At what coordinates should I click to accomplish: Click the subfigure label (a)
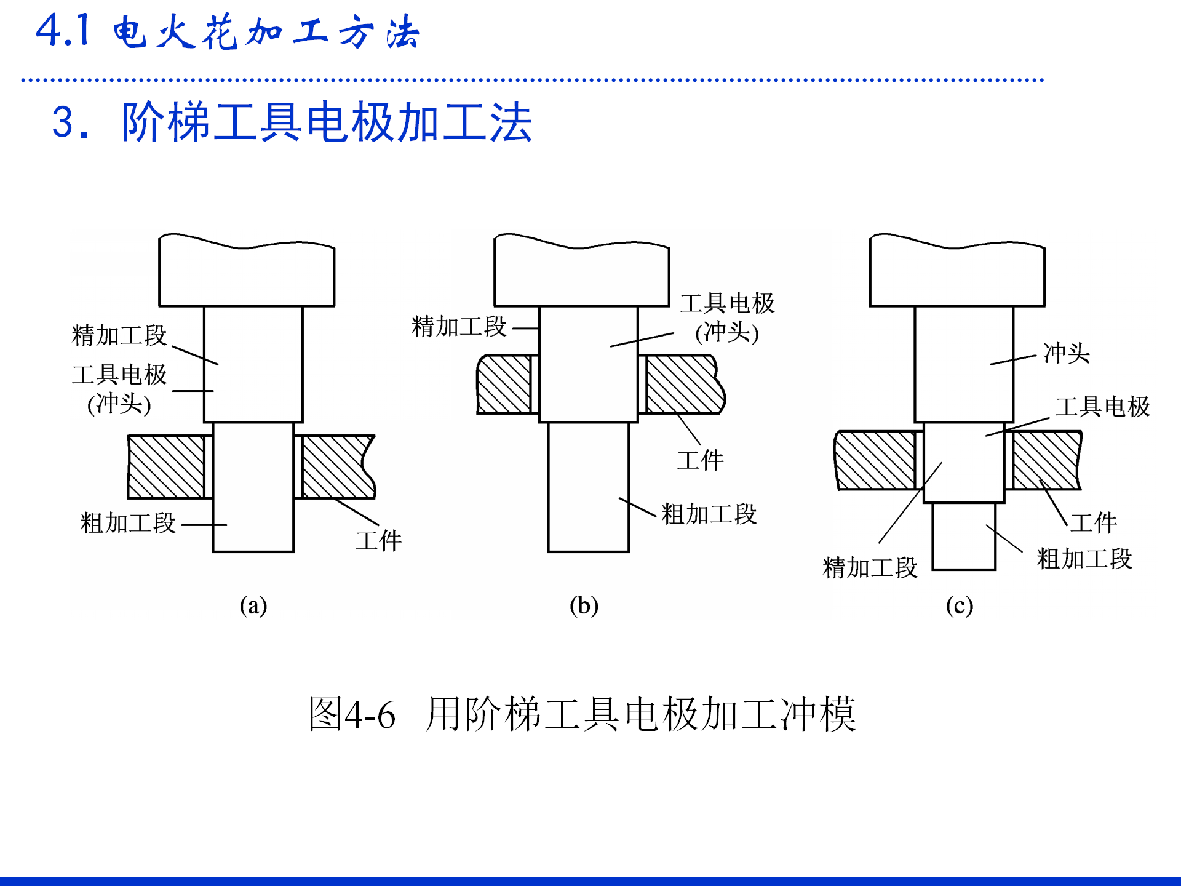pos(253,605)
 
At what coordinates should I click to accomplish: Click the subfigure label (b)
pos(584,605)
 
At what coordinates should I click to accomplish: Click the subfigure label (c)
pos(959,605)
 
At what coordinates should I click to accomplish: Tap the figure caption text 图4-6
pos(352,715)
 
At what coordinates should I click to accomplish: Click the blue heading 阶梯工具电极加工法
pos(326,122)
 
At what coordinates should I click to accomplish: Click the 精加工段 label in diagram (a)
pos(119,335)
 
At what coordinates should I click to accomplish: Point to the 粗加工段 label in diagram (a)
pos(128,523)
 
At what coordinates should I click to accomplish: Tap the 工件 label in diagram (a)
pos(378,541)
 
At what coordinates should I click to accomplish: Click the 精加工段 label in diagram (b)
pos(459,326)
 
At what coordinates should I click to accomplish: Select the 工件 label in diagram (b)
pos(700,460)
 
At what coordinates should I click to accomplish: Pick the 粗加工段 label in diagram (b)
pos(709,514)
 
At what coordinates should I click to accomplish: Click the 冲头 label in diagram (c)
pos(1066,354)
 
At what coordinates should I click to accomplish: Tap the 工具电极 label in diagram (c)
pos(1102,407)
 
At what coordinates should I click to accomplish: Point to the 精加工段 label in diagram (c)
pos(870,567)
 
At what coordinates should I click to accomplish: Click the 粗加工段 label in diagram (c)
pos(1084,559)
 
